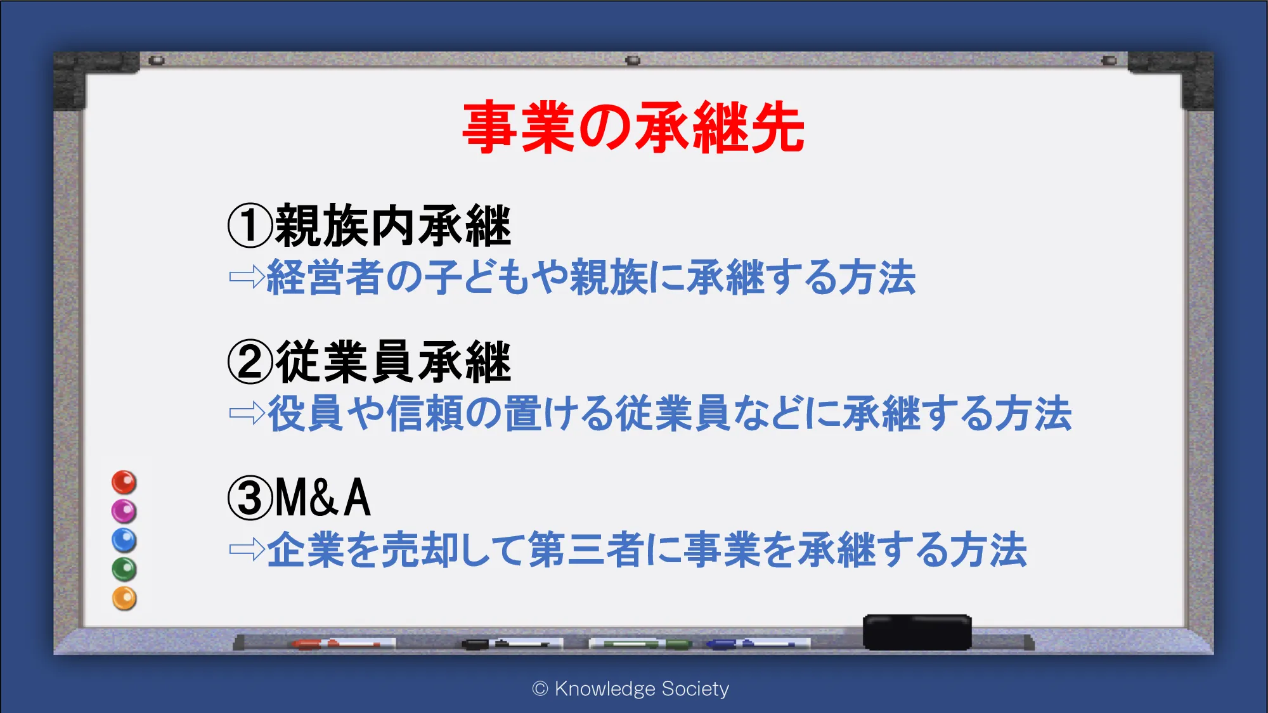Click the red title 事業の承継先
(633, 127)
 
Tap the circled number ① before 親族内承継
(250, 226)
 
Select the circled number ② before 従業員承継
(250, 362)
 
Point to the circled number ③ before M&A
(250, 498)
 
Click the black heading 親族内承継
(393, 226)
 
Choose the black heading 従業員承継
(393, 362)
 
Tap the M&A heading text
(323, 498)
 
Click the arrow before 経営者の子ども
(247, 277)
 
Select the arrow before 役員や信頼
(247, 413)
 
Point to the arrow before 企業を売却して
(247, 549)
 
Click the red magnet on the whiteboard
(124, 482)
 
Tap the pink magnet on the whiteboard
(124, 511)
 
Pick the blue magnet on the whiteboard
(124, 540)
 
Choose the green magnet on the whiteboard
(124, 569)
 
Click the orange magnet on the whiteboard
(124, 598)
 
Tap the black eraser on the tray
(917, 632)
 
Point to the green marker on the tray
(640, 644)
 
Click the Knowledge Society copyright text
(631, 688)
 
